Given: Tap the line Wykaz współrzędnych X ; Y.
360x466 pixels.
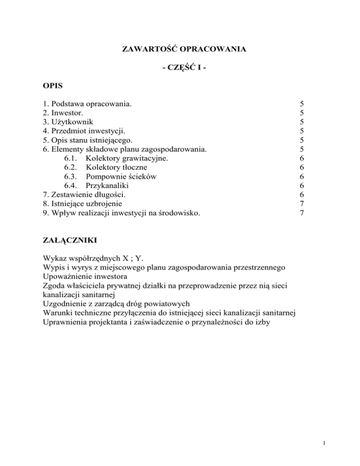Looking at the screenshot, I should (x=94, y=258).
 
